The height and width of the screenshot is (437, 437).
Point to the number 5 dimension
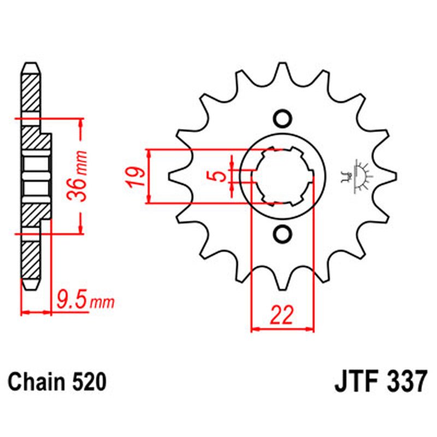click(x=218, y=176)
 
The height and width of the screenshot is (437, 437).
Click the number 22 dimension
click(x=282, y=315)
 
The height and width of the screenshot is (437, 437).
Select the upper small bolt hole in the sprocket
click(x=282, y=119)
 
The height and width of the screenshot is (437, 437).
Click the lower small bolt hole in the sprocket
click(x=282, y=234)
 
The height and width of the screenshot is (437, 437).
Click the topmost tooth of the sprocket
click(x=283, y=70)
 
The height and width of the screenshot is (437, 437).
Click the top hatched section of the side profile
click(x=31, y=93)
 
